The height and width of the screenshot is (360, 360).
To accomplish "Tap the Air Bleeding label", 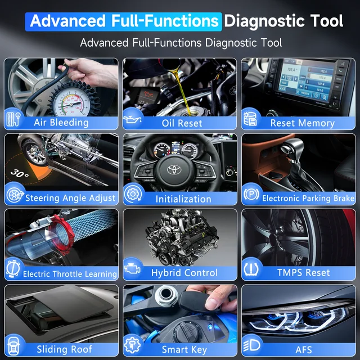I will pos(61,122).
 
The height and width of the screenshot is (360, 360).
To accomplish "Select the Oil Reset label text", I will pos(182,123).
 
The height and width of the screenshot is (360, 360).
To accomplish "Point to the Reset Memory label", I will pos(302,123).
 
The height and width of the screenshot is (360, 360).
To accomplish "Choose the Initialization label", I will pos(183,199).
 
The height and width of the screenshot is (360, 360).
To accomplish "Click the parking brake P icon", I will pos(250,196).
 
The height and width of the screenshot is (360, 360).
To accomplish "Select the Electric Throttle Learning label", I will pos(70,274).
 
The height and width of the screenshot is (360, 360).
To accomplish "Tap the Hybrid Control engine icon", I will pos(133,270).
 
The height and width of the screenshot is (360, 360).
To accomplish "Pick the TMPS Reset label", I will pos(303,272).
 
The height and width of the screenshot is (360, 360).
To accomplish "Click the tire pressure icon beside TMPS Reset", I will pos(251,269).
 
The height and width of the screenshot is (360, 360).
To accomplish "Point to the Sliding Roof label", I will pos(65,349).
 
